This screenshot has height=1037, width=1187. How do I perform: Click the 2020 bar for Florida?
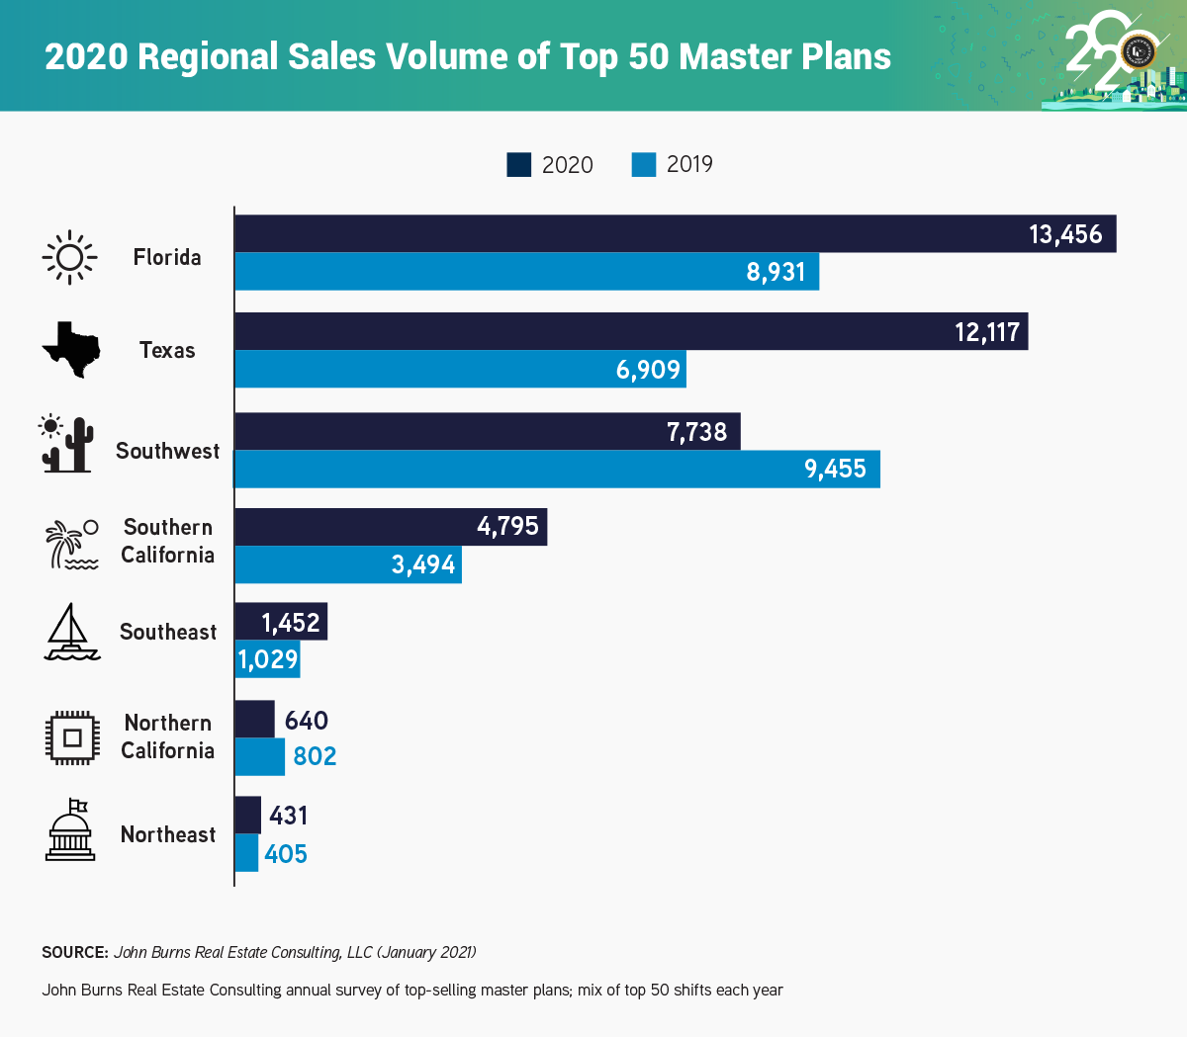(633, 234)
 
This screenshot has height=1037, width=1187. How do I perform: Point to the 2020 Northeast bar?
(248, 816)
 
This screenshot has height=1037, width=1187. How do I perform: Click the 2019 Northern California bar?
(260, 756)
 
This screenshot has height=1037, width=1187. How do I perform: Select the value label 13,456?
(1065, 234)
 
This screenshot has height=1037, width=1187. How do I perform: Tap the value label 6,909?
(649, 370)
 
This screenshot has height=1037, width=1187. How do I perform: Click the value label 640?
(307, 721)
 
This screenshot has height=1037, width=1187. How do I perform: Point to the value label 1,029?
(268, 659)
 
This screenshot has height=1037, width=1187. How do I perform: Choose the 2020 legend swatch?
(519, 165)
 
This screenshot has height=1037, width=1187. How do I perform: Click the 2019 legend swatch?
(644, 165)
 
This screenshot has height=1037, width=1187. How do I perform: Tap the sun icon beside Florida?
(70, 257)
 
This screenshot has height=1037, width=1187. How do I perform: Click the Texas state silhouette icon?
(71, 350)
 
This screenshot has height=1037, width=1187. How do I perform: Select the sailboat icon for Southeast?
(72, 632)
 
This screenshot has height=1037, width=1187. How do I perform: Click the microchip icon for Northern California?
(72, 737)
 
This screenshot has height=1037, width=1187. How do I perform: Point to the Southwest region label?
(167, 451)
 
